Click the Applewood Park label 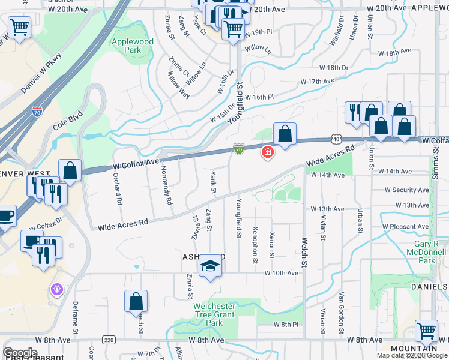(x=132, y=46)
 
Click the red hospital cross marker (x=267, y=153)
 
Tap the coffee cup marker (x=6, y=217)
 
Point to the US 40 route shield (x=334, y=139)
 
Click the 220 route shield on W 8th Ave (x=109, y=340)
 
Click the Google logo (x=20, y=353)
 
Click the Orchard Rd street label (x=118, y=188)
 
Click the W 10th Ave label (x=282, y=273)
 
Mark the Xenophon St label (x=255, y=245)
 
